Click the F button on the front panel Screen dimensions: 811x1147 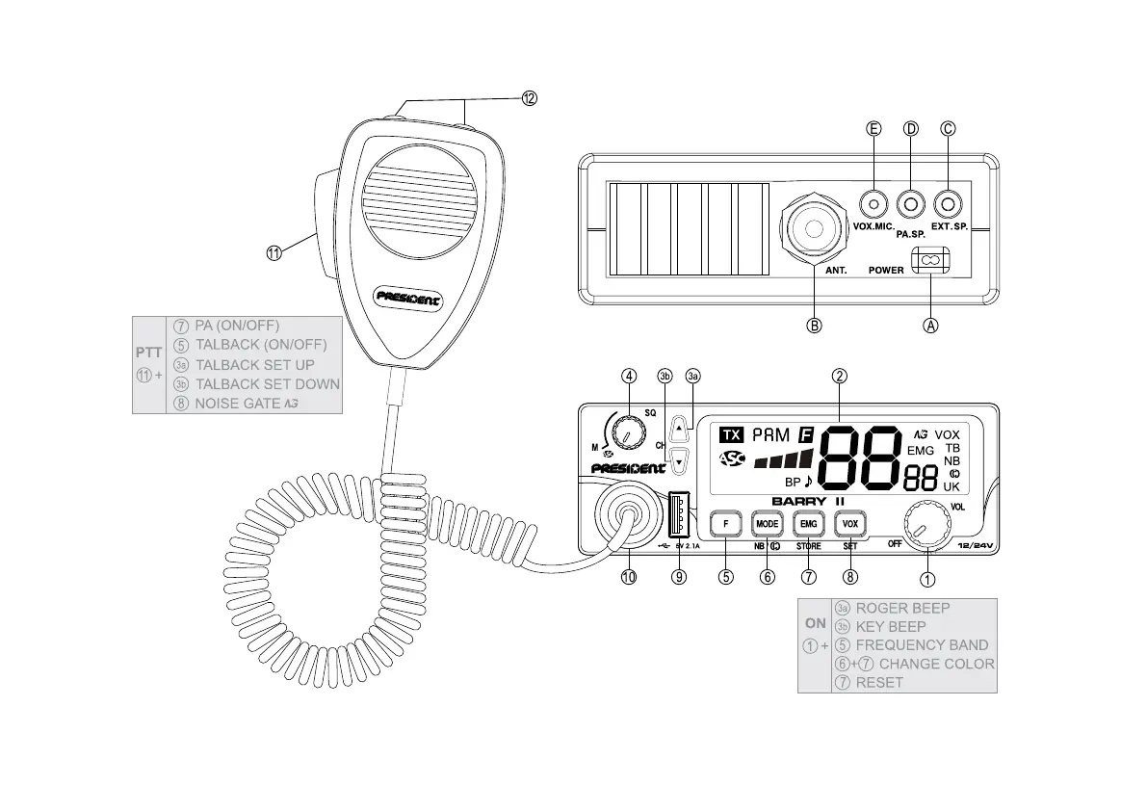725,524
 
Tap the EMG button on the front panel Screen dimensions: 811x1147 808,524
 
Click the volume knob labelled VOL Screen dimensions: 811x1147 927,525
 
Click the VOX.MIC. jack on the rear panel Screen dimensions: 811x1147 873,204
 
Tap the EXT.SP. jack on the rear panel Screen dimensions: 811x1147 949,204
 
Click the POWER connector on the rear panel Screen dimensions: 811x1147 930,260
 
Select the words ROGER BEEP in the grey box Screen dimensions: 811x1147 902,608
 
